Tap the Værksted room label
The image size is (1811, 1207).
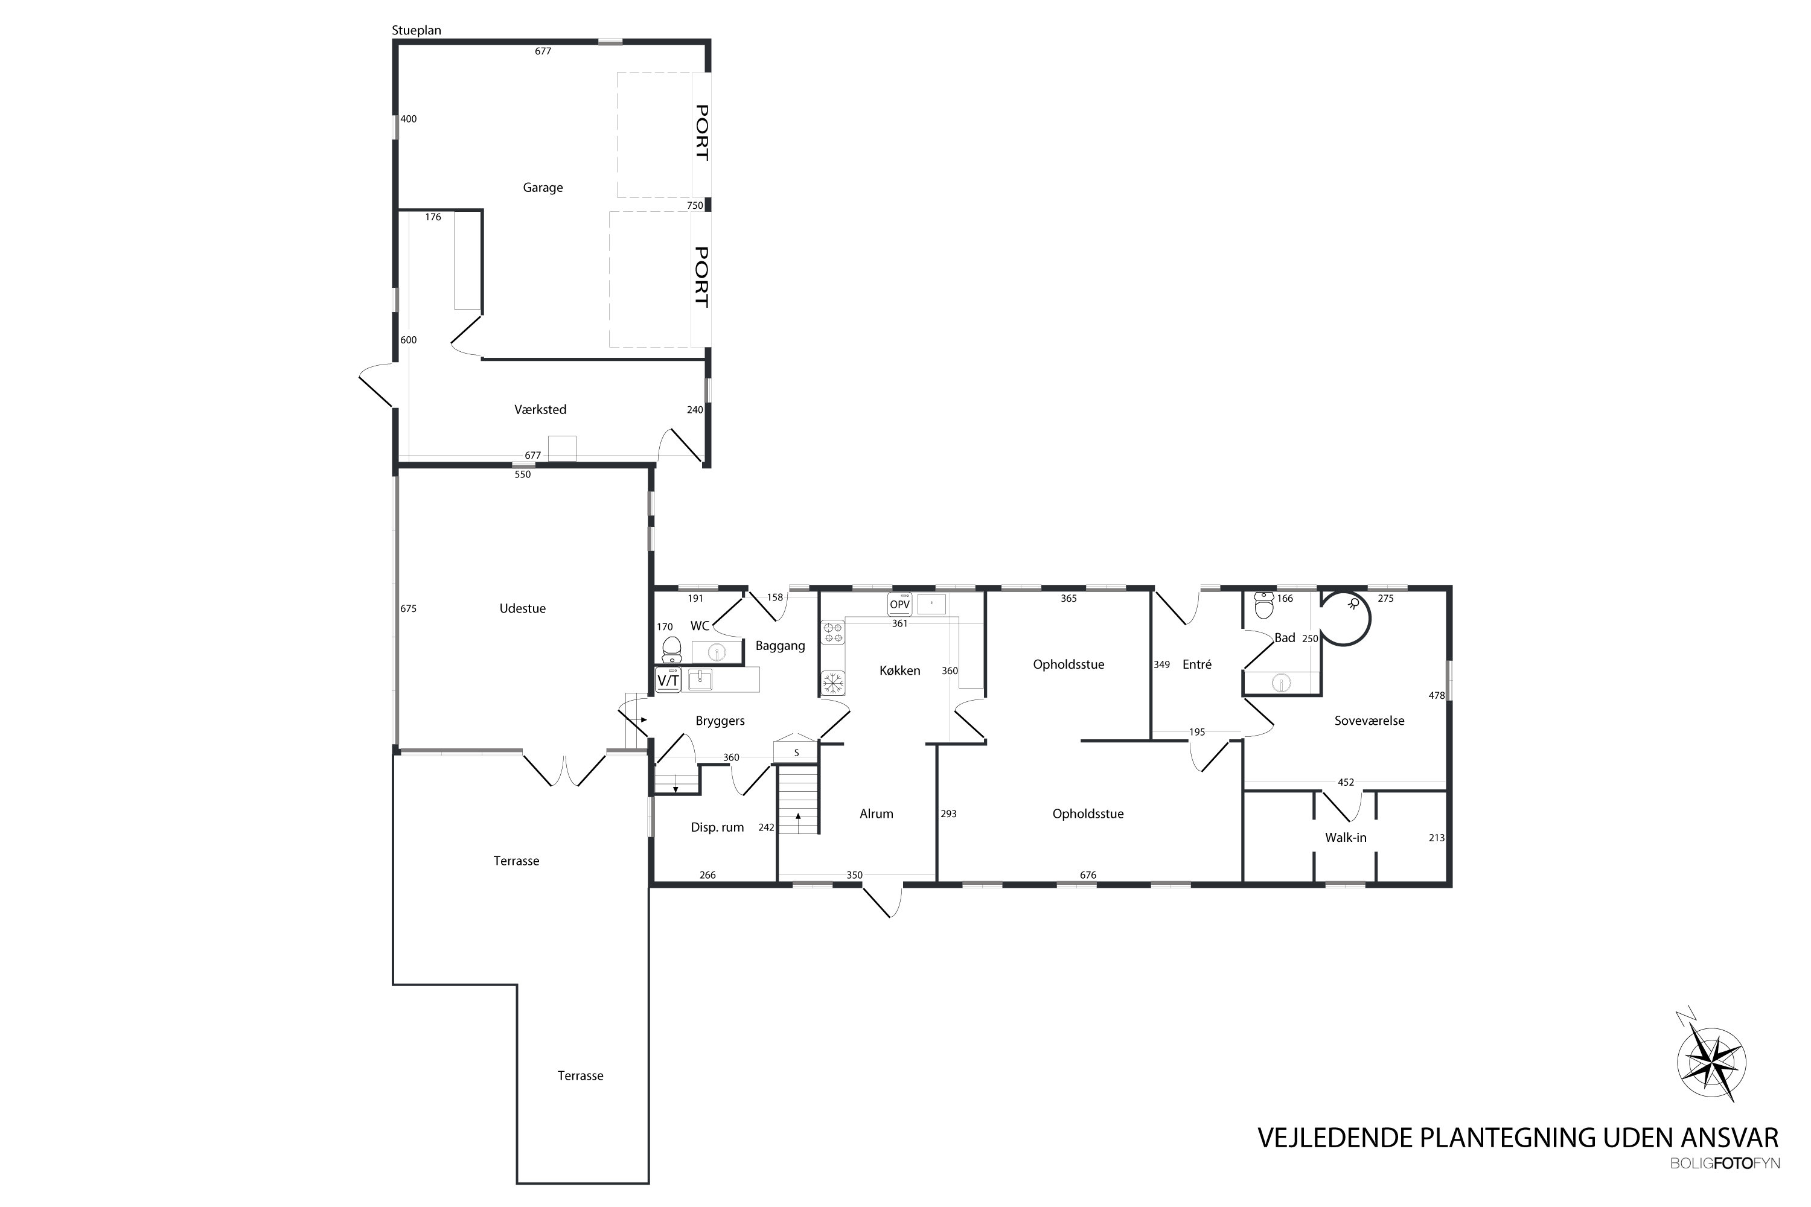point(540,410)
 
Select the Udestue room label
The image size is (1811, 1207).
point(522,608)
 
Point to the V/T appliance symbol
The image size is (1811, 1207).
point(668,681)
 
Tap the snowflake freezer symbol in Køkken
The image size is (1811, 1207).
point(832,683)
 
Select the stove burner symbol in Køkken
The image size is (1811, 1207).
point(832,632)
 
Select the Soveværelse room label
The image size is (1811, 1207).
point(1369,721)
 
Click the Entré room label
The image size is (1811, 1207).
point(1196,664)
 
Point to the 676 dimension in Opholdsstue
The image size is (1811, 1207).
point(1088,874)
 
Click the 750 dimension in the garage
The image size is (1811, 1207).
point(695,206)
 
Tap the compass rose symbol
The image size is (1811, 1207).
point(1711,1062)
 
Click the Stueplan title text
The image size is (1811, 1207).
point(416,31)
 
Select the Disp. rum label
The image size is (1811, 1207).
point(717,827)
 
